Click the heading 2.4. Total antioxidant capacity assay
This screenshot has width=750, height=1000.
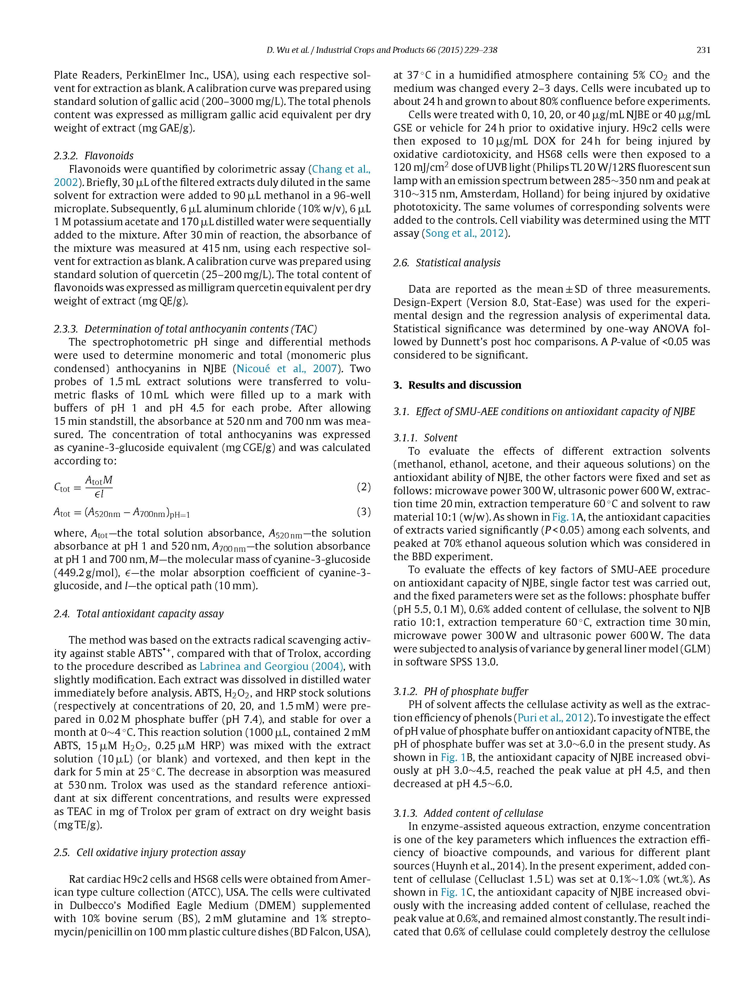pos(139,613)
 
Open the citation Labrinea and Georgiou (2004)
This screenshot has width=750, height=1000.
pos(271,666)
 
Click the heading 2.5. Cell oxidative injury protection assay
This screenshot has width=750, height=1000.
pos(149,852)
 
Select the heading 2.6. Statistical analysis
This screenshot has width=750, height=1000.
pos(447,263)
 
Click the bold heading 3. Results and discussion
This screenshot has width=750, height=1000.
pos(457,385)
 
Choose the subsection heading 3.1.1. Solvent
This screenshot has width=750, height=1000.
pos(425,438)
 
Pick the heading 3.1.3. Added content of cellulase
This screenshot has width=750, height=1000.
pos(468,813)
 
